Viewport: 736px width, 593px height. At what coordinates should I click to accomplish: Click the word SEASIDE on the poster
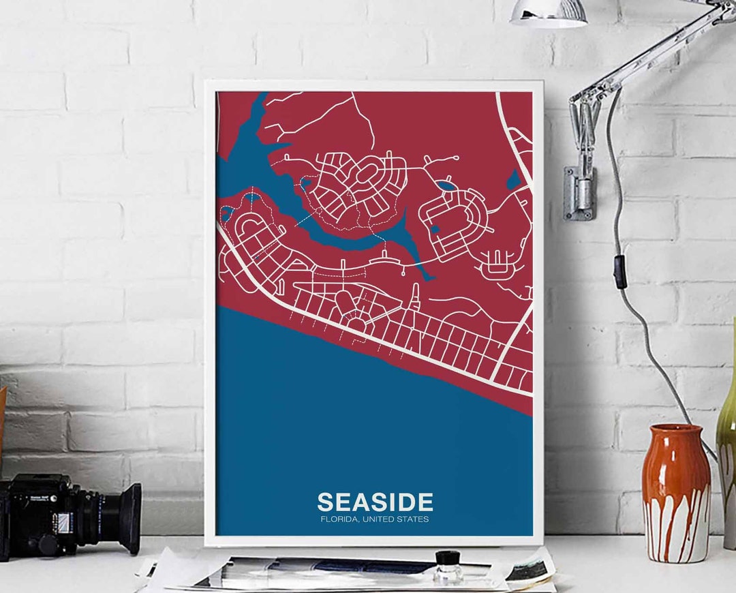coord(375,502)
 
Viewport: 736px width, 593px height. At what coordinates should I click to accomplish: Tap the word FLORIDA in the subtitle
coord(338,519)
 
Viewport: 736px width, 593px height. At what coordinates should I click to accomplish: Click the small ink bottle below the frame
coord(448,566)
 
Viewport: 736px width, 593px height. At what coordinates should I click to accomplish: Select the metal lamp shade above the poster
coord(549,13)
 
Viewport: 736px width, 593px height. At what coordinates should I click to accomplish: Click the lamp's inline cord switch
coord(620,272)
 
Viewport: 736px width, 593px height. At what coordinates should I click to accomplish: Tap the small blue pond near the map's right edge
coord(513,180)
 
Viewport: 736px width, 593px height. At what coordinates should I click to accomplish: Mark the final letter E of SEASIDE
coord(425,502)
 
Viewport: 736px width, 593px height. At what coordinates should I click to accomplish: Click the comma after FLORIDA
coord(357,521)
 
